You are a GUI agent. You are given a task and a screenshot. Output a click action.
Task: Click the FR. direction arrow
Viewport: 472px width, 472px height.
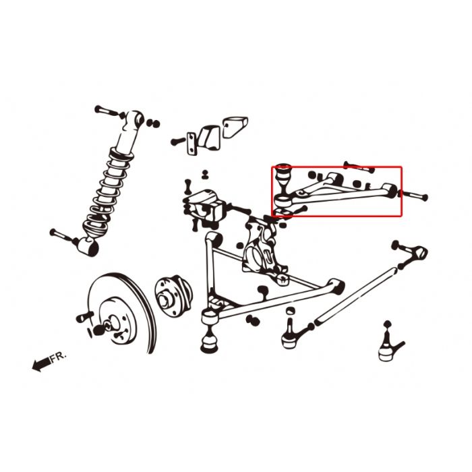[40, 365]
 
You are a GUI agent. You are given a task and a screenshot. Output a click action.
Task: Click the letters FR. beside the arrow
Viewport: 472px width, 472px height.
[59, 356]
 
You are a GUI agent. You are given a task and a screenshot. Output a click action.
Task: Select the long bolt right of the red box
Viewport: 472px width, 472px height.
[414, 197]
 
